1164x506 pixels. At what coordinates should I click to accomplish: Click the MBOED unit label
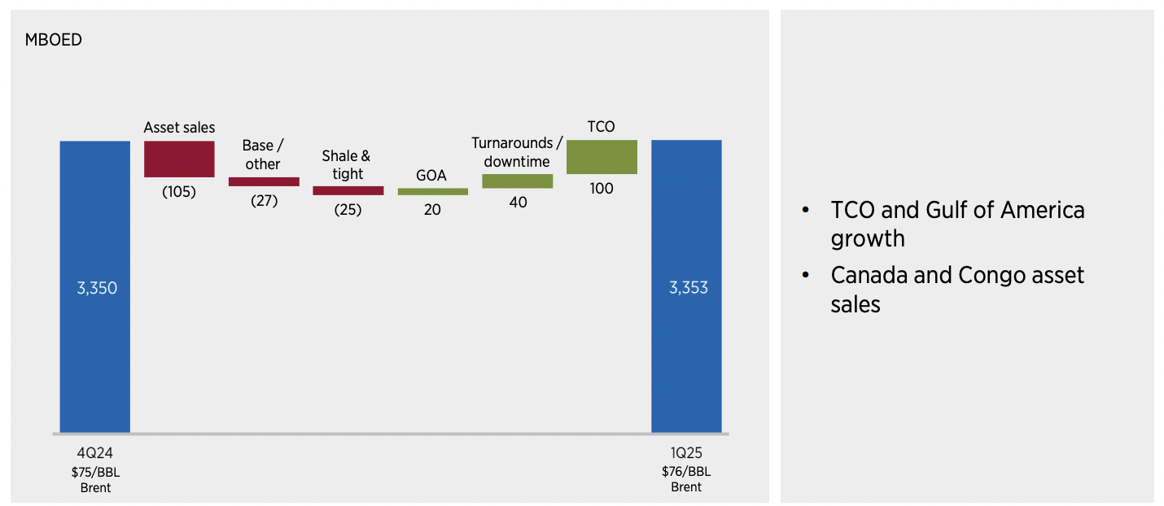click(x=54, y=40)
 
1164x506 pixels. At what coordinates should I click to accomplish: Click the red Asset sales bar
click(x=179, y=159)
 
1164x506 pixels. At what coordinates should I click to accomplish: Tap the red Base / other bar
click(x=264, y=181)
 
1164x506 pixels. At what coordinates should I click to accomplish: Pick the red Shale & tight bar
click(x=348, y=190)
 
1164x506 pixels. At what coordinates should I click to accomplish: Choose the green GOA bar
click(x=432, y=191)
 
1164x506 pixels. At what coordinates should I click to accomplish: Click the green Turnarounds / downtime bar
click(x=517, y=181)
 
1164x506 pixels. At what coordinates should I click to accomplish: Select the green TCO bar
click(x=602, y=157)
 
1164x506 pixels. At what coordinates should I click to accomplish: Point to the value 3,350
click(x=97, y=288)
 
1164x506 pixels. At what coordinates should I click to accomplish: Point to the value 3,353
click(x=688, y=288)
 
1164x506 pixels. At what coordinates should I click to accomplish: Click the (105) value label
click(x=179, y=192)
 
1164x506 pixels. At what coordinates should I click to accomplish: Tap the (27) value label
click(x=264, y=200)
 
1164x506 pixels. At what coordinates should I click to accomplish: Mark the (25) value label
click(x=348, y=209)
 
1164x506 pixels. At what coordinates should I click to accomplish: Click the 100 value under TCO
click(x=602, y=188)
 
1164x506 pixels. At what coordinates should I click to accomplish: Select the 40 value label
click(x=518, y=202)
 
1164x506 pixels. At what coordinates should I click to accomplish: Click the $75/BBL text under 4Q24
click(x=95, y=472)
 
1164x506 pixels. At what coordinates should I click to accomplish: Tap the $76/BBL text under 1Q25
click(x=686, y=472)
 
